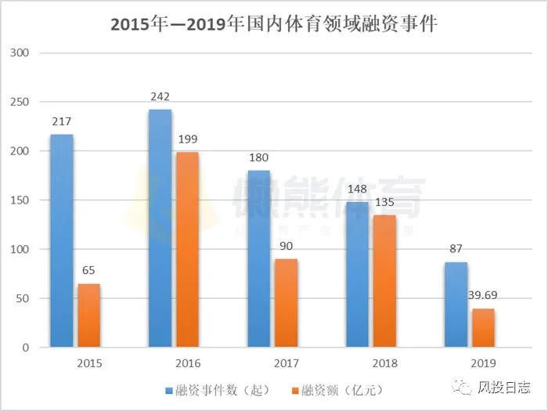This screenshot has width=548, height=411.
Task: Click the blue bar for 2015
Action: [x=62, y=241]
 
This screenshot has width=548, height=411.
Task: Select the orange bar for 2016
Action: [x=187, y=250]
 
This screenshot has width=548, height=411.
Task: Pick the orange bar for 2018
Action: [x=384, y=281]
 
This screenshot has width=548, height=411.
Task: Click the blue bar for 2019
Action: [x=456, y=305]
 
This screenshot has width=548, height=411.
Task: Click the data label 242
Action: [x=160, y=97]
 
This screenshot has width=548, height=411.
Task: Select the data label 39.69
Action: [x=486, y=296]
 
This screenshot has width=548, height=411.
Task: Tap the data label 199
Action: [x=188, y=139]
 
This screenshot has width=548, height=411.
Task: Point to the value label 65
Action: [x=88, y=271]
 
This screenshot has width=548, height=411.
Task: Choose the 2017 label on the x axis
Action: [x=287, y=364]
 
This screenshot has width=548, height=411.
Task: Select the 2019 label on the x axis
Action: [x=484, y=364]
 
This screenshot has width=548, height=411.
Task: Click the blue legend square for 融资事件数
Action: [x=168, y=390]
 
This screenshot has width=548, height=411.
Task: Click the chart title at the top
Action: [x=273, y=23]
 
